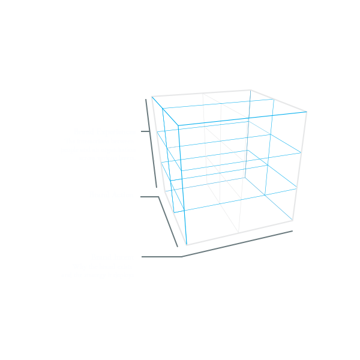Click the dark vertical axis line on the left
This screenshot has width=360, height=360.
click(151, 144)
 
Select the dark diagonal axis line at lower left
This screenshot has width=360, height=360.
click(168, 221)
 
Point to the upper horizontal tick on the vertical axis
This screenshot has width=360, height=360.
click(144, 131)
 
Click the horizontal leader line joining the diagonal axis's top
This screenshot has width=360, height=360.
click(149, 196)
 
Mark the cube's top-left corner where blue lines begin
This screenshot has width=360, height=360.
click(152, 97)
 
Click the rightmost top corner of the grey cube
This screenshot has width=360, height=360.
click(307, 111)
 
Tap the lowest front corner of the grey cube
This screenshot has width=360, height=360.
click(187, 245)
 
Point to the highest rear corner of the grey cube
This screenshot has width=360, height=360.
click(250, 90)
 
